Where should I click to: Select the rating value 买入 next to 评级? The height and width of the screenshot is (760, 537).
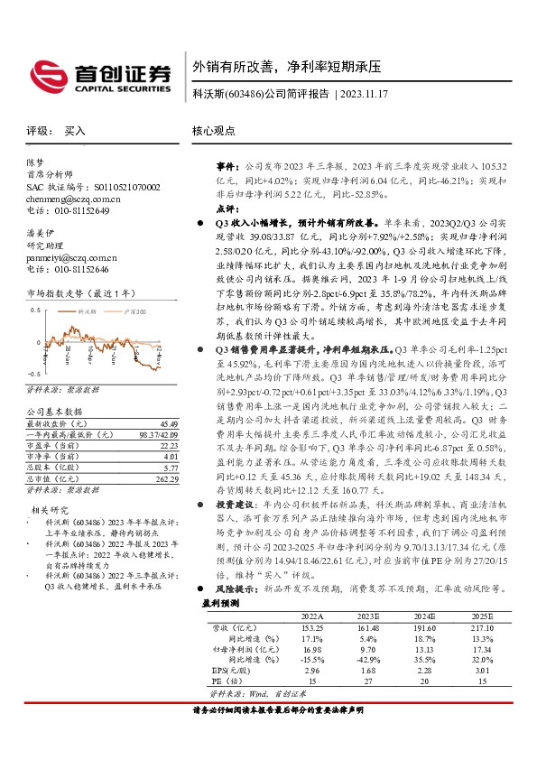[75, 131]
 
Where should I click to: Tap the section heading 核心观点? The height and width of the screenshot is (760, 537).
[214, 131]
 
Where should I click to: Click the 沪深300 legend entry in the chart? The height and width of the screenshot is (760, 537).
[133, 310]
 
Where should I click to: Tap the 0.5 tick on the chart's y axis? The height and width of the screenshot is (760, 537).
[34, 309]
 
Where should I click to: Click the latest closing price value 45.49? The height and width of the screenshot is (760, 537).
[169, 423]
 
